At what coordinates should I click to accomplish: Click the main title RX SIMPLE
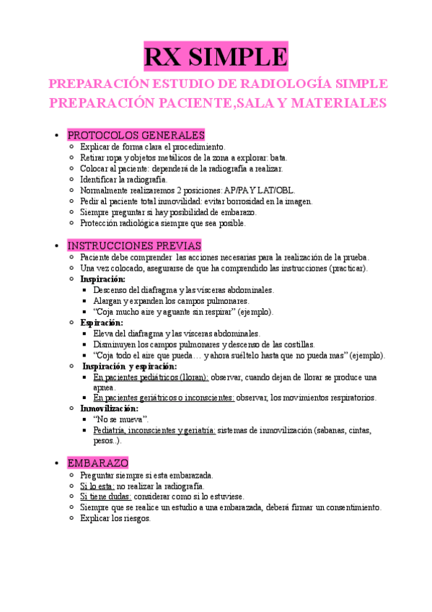(x=216, y=56)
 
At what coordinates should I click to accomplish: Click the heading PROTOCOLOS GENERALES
(x=136, y=135)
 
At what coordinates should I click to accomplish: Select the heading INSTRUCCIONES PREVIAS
(x=134, y=245)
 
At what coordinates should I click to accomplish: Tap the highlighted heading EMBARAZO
(x=97, y=463)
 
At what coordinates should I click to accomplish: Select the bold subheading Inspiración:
(x=102, y=279)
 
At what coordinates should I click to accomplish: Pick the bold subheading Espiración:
(x=102, y=323)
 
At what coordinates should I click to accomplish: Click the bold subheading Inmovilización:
(x=109, y=408)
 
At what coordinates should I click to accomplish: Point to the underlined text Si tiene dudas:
(x=104, y=497)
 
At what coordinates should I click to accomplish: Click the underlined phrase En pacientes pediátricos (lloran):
(x=151, y=377)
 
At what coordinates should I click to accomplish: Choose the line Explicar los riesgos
(x=115, y=517)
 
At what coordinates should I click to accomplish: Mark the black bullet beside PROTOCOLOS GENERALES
(x=56, y=136)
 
